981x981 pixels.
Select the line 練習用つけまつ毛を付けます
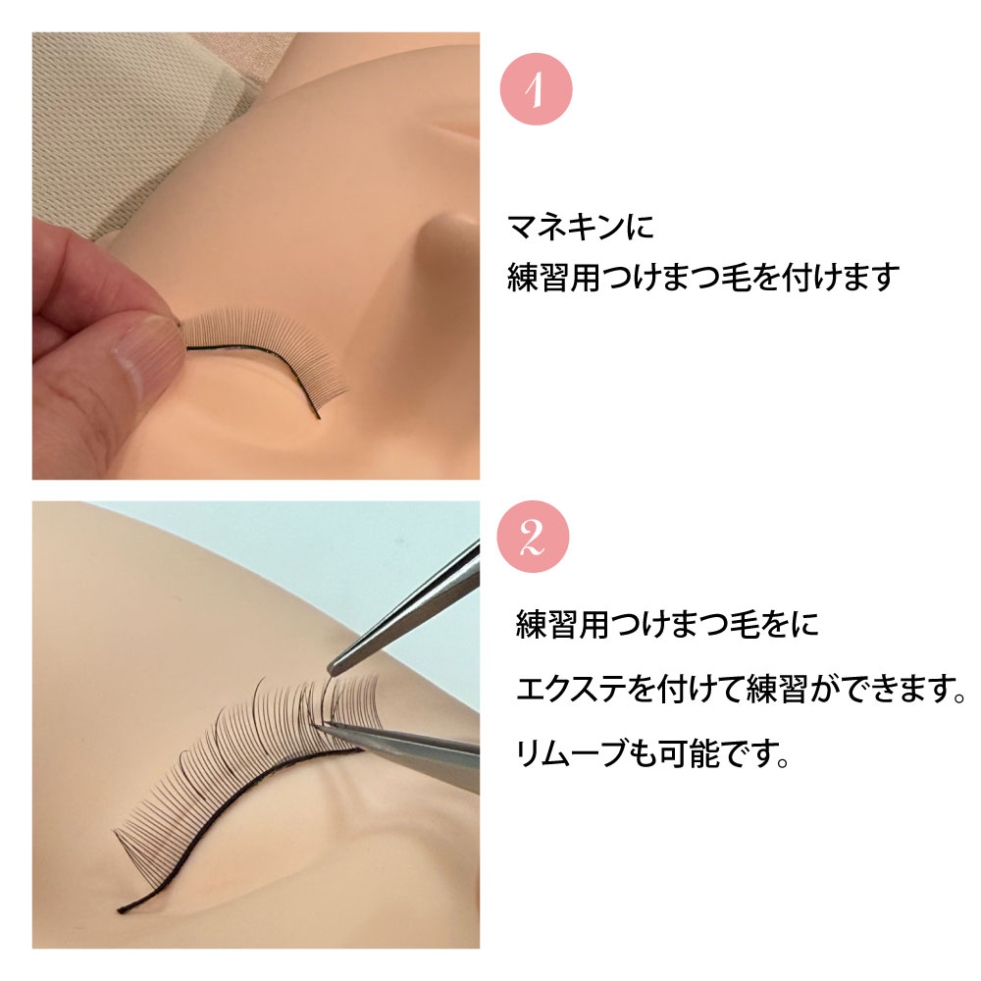tap(702, 278)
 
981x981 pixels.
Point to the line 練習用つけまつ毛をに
tap(667, 625)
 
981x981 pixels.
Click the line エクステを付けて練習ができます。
tap(737, 691)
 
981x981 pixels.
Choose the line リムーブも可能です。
tap(652, 754)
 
